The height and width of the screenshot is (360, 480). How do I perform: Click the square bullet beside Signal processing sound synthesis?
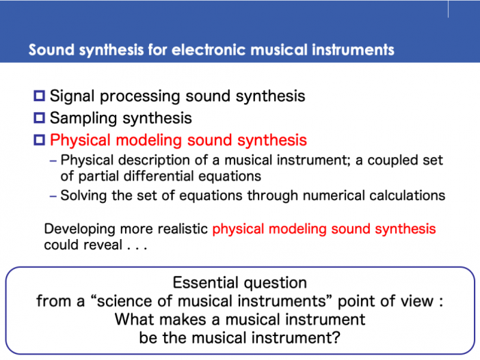click(39, 96)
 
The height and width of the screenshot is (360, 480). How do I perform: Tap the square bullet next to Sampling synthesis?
click(39, 117)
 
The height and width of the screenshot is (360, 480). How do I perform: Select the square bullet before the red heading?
click(39, 140)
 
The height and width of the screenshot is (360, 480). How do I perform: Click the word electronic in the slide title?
click(209, 50)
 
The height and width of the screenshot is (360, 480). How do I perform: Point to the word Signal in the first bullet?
click(72, 96)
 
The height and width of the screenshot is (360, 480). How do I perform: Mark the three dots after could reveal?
click(137, 249)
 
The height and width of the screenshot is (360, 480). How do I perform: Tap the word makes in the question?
click(183, 320)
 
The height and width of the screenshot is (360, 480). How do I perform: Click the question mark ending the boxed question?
click(336, 338)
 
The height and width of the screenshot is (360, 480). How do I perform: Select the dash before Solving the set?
click(53, 196)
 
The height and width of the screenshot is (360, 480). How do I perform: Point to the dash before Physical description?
click(53, 161)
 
